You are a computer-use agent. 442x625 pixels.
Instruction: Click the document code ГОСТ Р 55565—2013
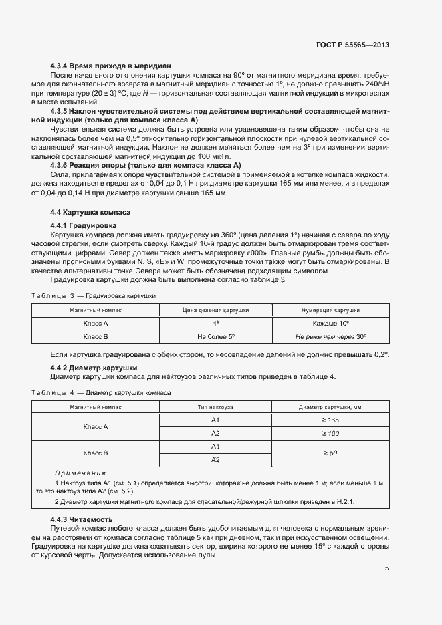352,45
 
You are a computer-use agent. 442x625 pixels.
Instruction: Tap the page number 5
387,568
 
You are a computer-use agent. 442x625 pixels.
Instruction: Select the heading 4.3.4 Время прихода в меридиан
111,66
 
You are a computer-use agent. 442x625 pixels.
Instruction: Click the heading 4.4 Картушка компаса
91,212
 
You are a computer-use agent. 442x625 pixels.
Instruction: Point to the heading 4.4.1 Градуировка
84,226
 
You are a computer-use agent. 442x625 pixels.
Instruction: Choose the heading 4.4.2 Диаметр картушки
94,368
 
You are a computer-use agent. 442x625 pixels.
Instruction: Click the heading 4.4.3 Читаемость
82,519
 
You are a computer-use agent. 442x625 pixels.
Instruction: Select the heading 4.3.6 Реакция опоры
146,165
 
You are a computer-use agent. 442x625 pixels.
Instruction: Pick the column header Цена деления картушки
215,310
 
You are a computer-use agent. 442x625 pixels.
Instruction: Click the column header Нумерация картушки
330,310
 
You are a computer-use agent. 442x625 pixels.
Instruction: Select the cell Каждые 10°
330,323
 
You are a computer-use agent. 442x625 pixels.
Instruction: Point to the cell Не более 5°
215,337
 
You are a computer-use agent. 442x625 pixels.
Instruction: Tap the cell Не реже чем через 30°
330,337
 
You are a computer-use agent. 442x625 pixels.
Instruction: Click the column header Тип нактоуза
215,407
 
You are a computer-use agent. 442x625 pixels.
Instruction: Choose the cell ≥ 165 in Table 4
330,420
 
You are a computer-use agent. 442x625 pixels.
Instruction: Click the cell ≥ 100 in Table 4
330,433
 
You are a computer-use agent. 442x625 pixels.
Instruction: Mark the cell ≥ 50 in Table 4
330,453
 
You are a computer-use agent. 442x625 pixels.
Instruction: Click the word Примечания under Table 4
80,473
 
